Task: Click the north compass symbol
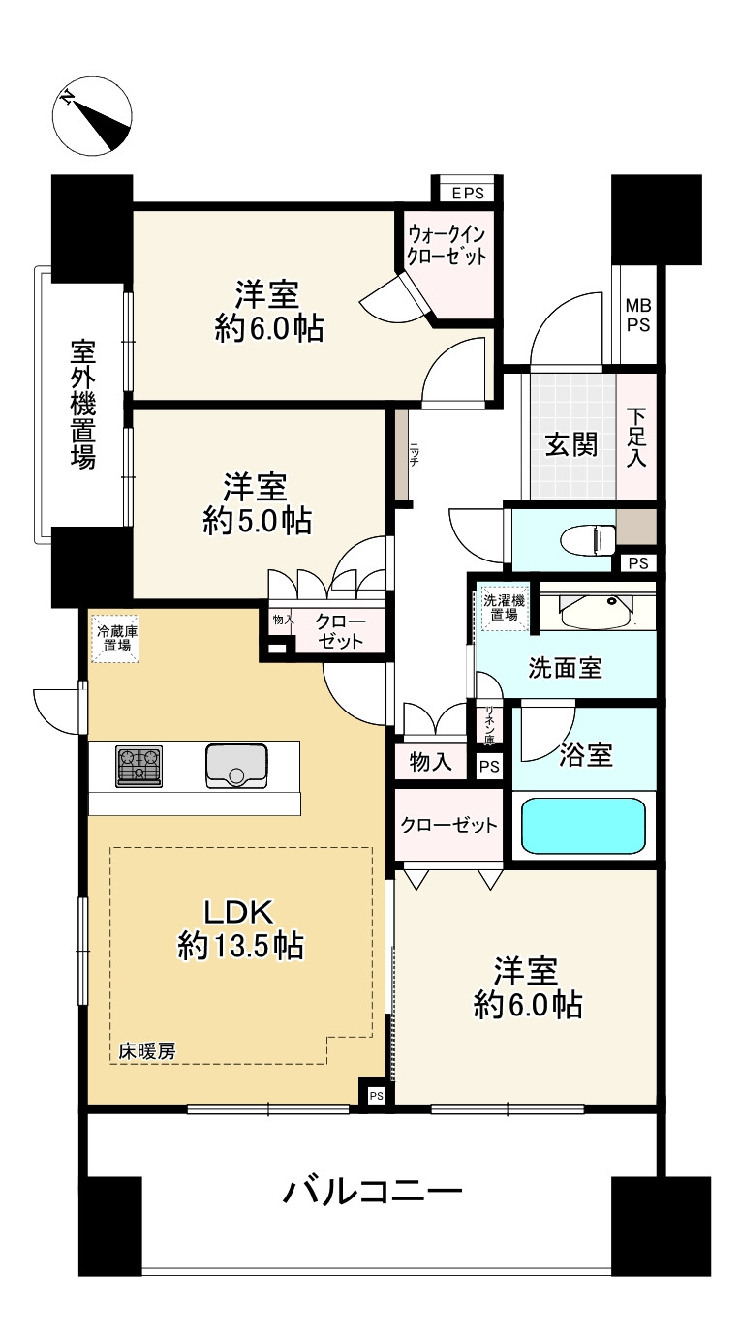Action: tap(94, 115)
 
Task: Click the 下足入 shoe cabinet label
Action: tap(635, 438)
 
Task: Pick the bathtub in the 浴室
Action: tap(583, 825)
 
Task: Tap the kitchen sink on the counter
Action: tap(236, 767)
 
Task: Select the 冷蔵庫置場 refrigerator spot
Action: tap(116, 643)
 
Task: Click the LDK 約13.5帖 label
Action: tap(240, 928)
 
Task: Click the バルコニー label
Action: tap(372, 1191)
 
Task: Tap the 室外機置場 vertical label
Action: tap(82, 404)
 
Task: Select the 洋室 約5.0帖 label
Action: tap(256, 503)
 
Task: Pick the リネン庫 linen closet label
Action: tap(489, 726)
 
